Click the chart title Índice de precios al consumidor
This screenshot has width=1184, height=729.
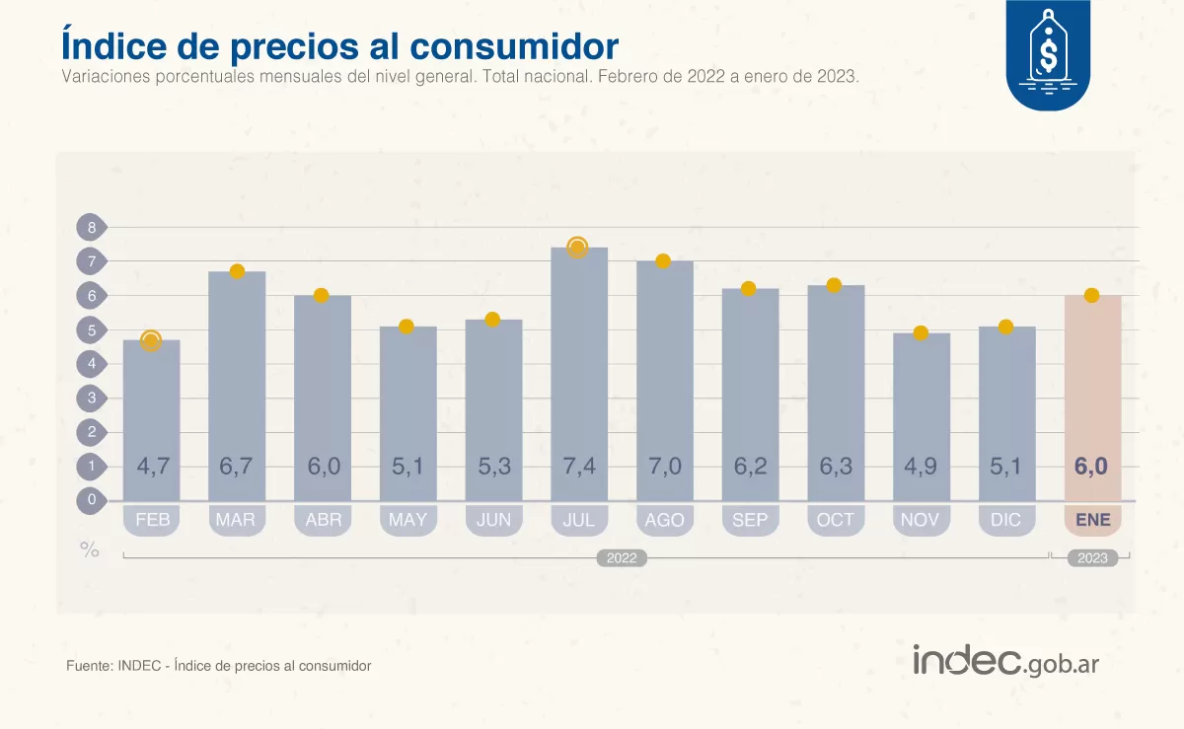pos(339,45)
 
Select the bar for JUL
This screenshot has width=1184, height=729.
pos(579,375)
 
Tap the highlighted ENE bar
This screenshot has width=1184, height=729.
pos(1092,395)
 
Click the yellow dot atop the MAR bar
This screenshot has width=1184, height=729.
pos(237,271)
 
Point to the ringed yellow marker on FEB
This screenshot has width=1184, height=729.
pos(151,341)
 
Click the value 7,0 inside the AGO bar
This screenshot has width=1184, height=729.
pos(664,467)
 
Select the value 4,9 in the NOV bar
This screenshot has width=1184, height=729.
pos(921,467)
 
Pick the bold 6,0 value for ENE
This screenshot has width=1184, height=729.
pos(1091,467)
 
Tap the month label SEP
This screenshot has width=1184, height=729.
pos(750,520)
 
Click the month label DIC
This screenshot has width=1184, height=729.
pos(1006,520)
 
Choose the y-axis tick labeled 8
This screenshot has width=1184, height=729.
pos(92,228)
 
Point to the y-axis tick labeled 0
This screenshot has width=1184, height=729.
pos(92,500)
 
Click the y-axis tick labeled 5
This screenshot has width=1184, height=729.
pos(92,330)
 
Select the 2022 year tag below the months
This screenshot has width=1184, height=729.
pos(622,558)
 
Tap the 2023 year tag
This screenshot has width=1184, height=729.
pos(1092,558)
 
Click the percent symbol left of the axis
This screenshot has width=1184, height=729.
pos(90,550)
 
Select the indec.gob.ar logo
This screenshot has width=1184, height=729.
pos(1005,662)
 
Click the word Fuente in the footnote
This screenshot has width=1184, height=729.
pos(87,666)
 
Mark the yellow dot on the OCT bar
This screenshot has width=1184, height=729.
pos(834,285)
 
